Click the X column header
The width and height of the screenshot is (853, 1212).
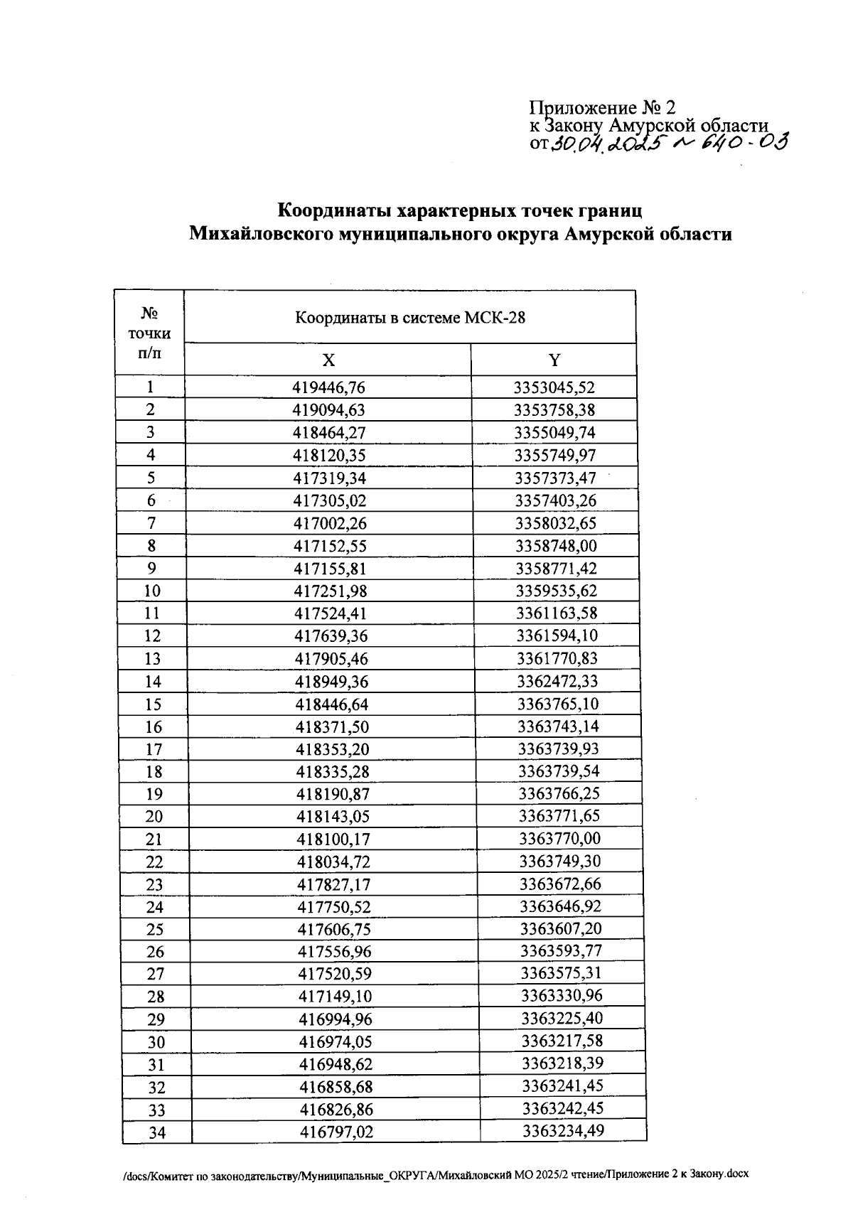point(328,360)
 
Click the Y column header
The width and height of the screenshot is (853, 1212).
point(554,360)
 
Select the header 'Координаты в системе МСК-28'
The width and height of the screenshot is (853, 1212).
point(410,318)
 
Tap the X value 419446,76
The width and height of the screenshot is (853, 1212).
point(328,387)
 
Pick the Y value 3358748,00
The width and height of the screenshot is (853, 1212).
point(556,546)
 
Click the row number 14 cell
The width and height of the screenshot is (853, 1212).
point(153,682)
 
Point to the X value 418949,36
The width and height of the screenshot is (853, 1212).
point(332,682)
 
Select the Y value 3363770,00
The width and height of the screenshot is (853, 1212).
point(559,839)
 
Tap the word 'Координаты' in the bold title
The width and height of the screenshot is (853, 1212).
point(334,211)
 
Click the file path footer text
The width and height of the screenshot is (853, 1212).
point(435,1174)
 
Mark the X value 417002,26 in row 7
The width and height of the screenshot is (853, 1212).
point(331,524)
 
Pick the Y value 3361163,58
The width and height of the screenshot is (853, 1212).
point(557,613)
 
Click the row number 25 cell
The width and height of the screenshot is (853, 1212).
point(155,929)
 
